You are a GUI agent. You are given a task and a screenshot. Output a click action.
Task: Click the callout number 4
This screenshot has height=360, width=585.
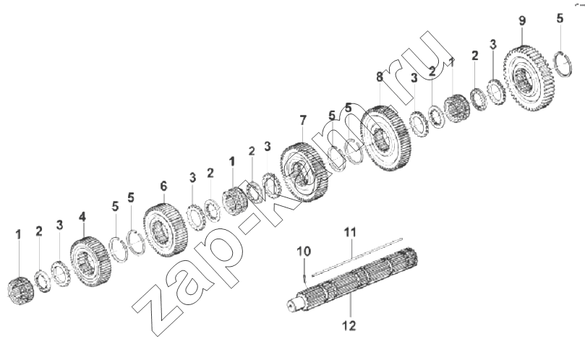point(82,217)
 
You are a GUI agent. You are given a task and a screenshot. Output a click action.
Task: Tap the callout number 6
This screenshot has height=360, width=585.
point(163,187)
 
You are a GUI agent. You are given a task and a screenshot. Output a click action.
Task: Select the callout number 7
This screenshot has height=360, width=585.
point(303,120)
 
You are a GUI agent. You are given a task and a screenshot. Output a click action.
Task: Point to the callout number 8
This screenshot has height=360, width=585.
point(380,77)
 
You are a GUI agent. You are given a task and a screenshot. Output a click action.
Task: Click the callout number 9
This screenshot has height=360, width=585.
point(522,20)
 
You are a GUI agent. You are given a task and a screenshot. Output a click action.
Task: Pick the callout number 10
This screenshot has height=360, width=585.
point(304,252)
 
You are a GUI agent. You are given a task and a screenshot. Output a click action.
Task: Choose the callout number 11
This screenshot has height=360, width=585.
point(350,233)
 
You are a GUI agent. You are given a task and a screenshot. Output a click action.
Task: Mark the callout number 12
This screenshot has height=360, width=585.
point(349,326)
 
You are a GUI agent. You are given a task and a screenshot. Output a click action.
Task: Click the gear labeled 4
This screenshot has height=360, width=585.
point(90,261)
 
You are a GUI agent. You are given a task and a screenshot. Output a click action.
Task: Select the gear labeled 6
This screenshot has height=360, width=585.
point(166,229)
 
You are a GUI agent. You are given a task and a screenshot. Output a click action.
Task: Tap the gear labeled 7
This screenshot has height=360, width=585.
point(304,172)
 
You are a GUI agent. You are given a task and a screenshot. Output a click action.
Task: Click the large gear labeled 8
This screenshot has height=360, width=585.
point(386,138)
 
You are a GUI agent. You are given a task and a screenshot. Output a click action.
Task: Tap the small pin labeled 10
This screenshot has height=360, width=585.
point(305,276)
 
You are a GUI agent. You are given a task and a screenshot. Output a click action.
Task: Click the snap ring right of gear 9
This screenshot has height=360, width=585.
point(563,64)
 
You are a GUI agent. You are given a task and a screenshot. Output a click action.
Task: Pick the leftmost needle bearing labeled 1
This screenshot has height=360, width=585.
point(21,291)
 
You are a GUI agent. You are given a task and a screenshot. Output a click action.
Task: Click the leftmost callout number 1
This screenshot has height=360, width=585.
point(18,235)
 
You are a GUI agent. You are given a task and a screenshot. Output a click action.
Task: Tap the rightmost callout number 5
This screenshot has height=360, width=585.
point(560,18)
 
